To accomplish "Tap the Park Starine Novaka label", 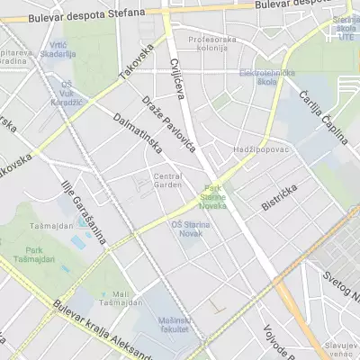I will [x=214, y=196].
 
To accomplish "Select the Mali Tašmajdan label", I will [x=122, y=300].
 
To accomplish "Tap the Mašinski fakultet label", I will [x=174, y=324].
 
